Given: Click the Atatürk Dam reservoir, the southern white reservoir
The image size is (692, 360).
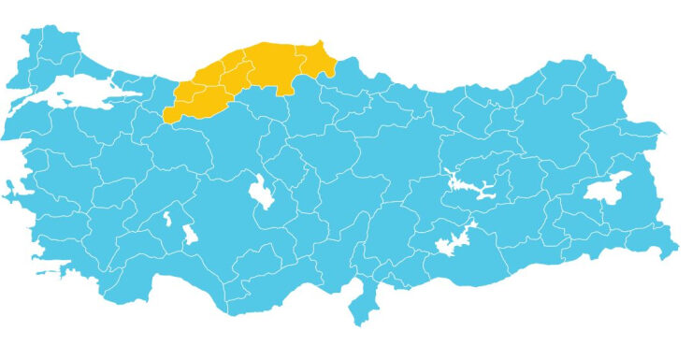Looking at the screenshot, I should (x=453, y=238).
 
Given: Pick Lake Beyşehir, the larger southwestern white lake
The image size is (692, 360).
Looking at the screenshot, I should (x=190, y=233).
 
